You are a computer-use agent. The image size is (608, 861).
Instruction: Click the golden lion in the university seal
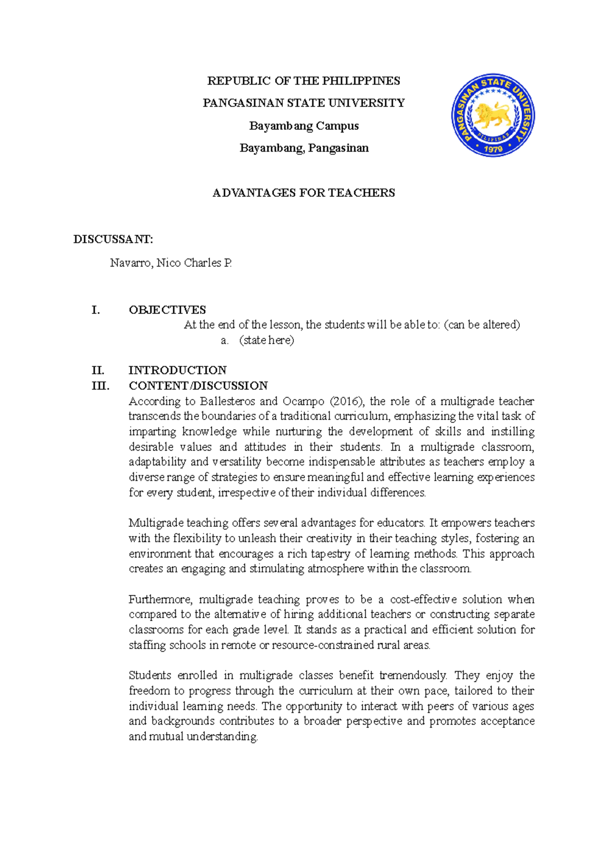492,116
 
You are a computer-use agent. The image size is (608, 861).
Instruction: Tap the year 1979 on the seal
493,149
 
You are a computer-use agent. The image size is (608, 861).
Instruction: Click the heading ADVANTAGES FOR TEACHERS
303,193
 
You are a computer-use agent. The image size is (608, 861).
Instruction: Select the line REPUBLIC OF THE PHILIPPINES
303,81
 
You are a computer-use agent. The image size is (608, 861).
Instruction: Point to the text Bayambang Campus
303,126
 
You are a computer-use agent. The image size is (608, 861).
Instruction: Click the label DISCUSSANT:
113,239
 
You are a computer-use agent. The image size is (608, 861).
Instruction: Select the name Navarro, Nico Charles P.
171,263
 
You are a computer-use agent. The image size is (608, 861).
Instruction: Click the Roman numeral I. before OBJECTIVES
96,310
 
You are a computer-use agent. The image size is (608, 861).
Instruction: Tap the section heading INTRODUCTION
177,370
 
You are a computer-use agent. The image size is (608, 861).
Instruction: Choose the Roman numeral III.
100,385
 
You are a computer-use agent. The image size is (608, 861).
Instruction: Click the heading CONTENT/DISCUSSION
198,385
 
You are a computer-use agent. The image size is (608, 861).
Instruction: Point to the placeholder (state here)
267,340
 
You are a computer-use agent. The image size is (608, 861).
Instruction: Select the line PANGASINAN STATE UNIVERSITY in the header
303,103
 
